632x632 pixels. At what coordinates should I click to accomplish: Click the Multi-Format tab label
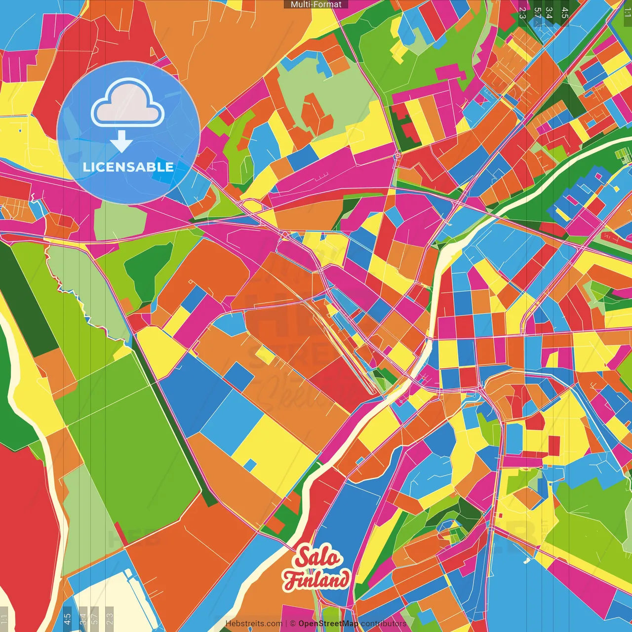click(x=316, y=4)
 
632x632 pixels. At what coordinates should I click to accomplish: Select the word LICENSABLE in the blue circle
click(x=128, y=167)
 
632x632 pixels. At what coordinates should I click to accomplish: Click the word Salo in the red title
click(x=318, y=557)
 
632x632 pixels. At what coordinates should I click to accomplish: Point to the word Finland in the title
click(x=316, y=580)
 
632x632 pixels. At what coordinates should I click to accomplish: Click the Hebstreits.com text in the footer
click(x=254, y=624)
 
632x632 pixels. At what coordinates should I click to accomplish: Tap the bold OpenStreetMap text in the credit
click(x=328, y=624)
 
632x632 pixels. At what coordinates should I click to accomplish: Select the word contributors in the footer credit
click(x=384, y=624)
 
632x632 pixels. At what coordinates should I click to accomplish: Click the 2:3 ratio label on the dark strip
click(x=522, y=13)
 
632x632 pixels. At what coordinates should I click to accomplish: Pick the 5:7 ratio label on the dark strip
click(x=537, y=13)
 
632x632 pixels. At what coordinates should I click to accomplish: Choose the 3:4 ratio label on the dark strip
click(x=549, y=13)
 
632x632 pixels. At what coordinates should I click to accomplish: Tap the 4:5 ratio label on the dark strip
click(x=565, y=13)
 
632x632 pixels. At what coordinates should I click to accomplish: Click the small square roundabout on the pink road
click(x=397, y=156)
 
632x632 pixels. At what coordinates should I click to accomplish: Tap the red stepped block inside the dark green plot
click(x=405, y=126)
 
